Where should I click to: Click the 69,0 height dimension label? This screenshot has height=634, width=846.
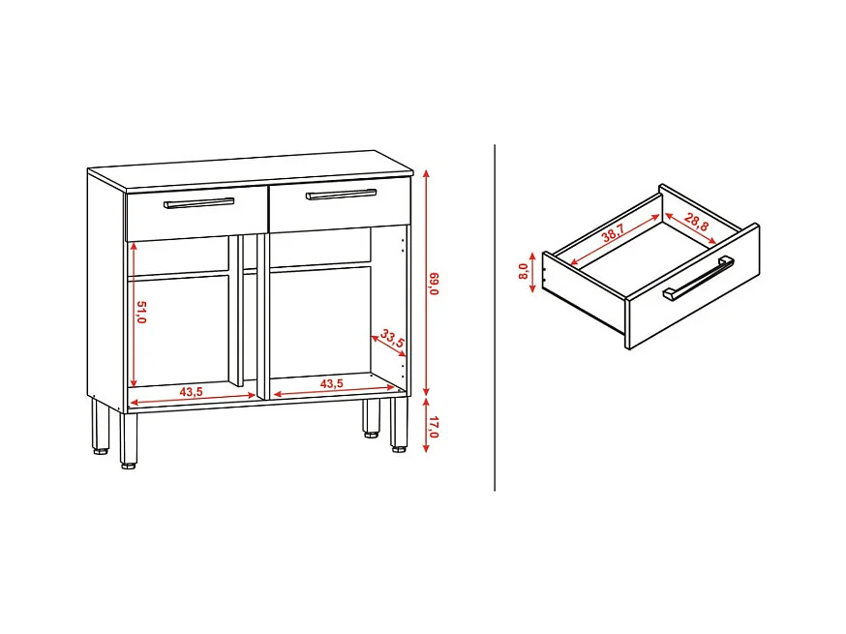click(x=435, y=284)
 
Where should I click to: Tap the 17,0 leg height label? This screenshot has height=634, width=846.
click(x=435, y=426)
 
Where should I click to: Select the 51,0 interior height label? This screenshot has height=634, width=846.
click(x=141, y=312)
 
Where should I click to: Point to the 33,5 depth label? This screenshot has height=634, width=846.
click(x=392, y=339)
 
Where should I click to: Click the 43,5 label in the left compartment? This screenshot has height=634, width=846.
click(x=192, y=392)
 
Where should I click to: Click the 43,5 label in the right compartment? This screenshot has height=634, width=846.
click(x=331, y=383)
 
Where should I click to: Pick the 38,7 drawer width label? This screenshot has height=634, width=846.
click(x=613, y=232)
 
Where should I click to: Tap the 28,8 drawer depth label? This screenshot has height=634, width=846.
click(x=696, y=222)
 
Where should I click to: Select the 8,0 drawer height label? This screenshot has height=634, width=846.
click(x=523, y=271)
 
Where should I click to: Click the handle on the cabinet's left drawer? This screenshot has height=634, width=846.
click(x=199, y=203)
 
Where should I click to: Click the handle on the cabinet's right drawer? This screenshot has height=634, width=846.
click(x=342, y=195)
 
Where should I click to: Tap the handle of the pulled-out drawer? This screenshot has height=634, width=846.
click(x=698, y=278)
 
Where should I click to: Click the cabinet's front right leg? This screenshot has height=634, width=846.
click(x=399, y=424)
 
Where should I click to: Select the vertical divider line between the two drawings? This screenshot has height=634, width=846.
click(x=495, y=317)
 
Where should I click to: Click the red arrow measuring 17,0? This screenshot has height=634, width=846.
click(x=426, y=425)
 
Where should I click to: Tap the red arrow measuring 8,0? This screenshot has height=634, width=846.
click(x=533, y=273)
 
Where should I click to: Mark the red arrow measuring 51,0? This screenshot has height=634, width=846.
click(x=133, y=314)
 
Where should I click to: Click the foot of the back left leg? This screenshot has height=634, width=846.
click(x=101, y=451)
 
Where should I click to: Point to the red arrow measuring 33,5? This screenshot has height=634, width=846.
click(x=388, y=346)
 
